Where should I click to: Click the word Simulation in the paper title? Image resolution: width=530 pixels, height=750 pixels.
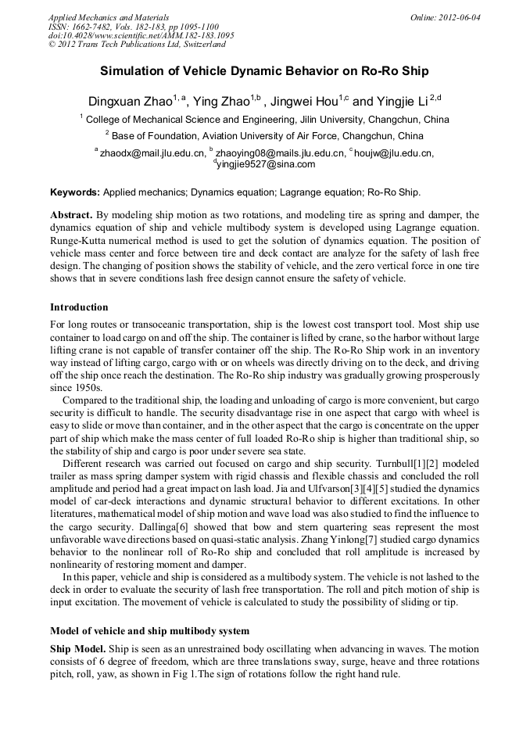tap(134, 71)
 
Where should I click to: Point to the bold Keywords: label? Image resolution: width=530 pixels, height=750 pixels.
tap(75, 192)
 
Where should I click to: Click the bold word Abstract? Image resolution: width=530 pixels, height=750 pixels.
tap(71, 215)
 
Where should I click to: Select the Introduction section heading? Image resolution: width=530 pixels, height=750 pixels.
tap(79, 307)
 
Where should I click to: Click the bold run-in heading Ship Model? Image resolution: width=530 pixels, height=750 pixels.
tap(78, 650)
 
